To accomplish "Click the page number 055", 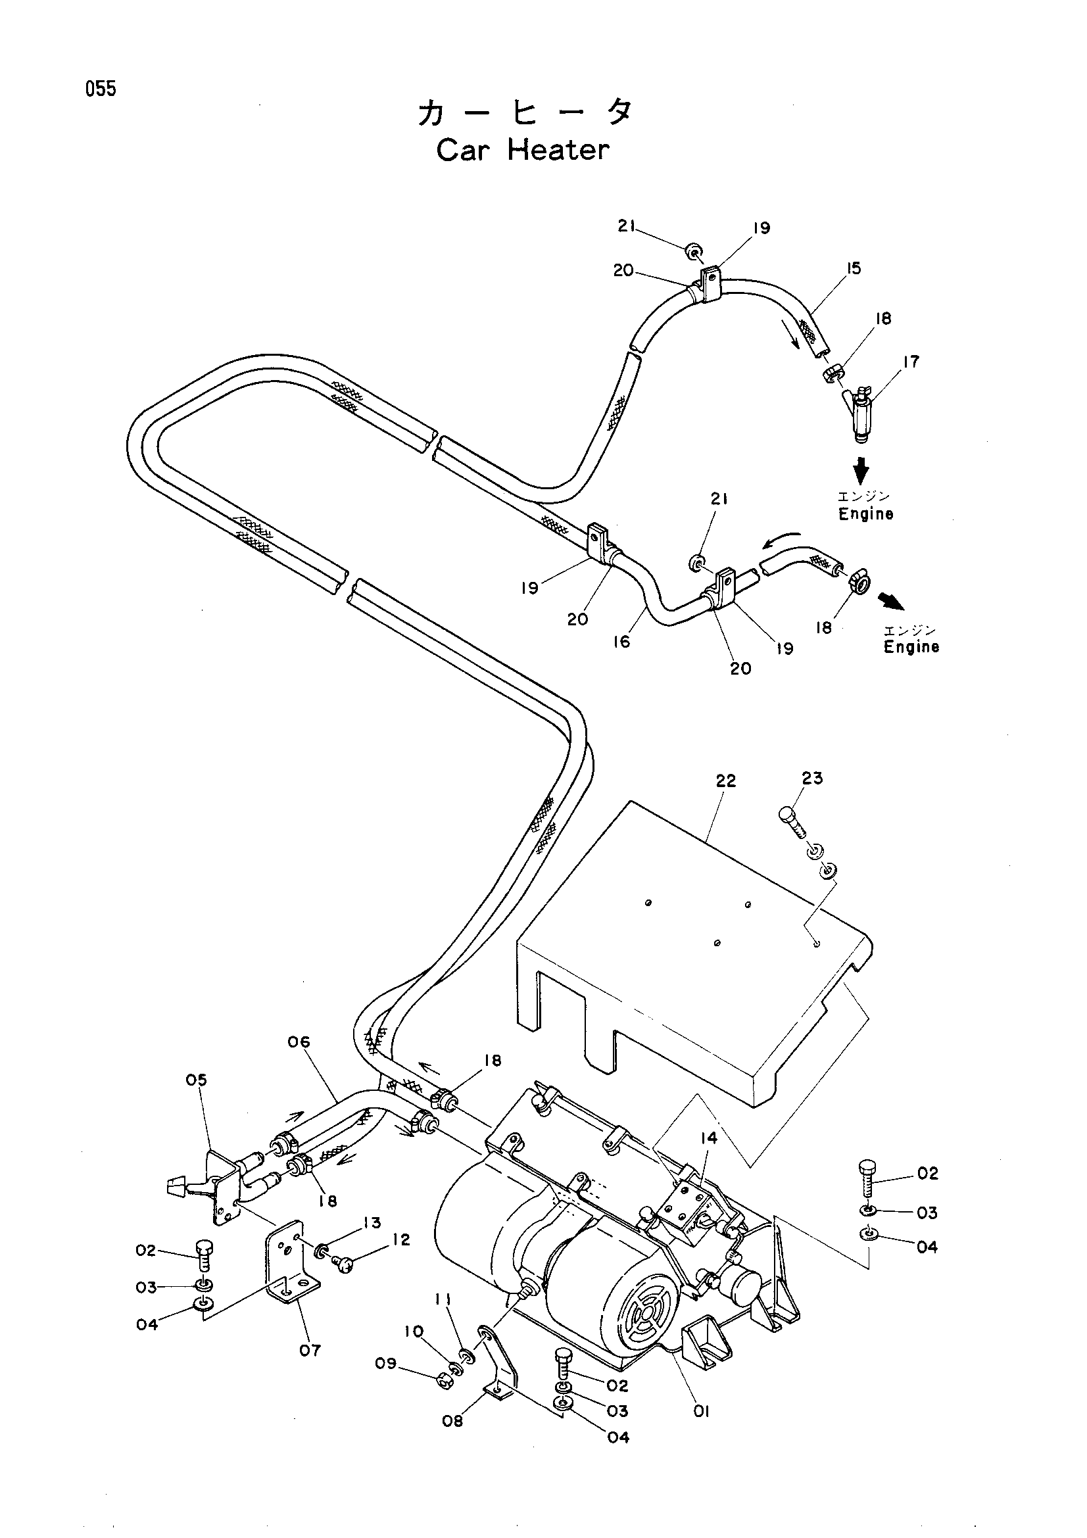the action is click(101, 88).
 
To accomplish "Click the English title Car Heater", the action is click(523, 150).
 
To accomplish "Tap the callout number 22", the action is click(725, 781).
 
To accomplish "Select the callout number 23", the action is click(812, 778).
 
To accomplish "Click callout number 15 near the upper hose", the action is click(853, 269).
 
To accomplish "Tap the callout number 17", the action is click(910, 362).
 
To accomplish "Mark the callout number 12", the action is click(400, 1239).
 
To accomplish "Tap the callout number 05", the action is click(196, 1080).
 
